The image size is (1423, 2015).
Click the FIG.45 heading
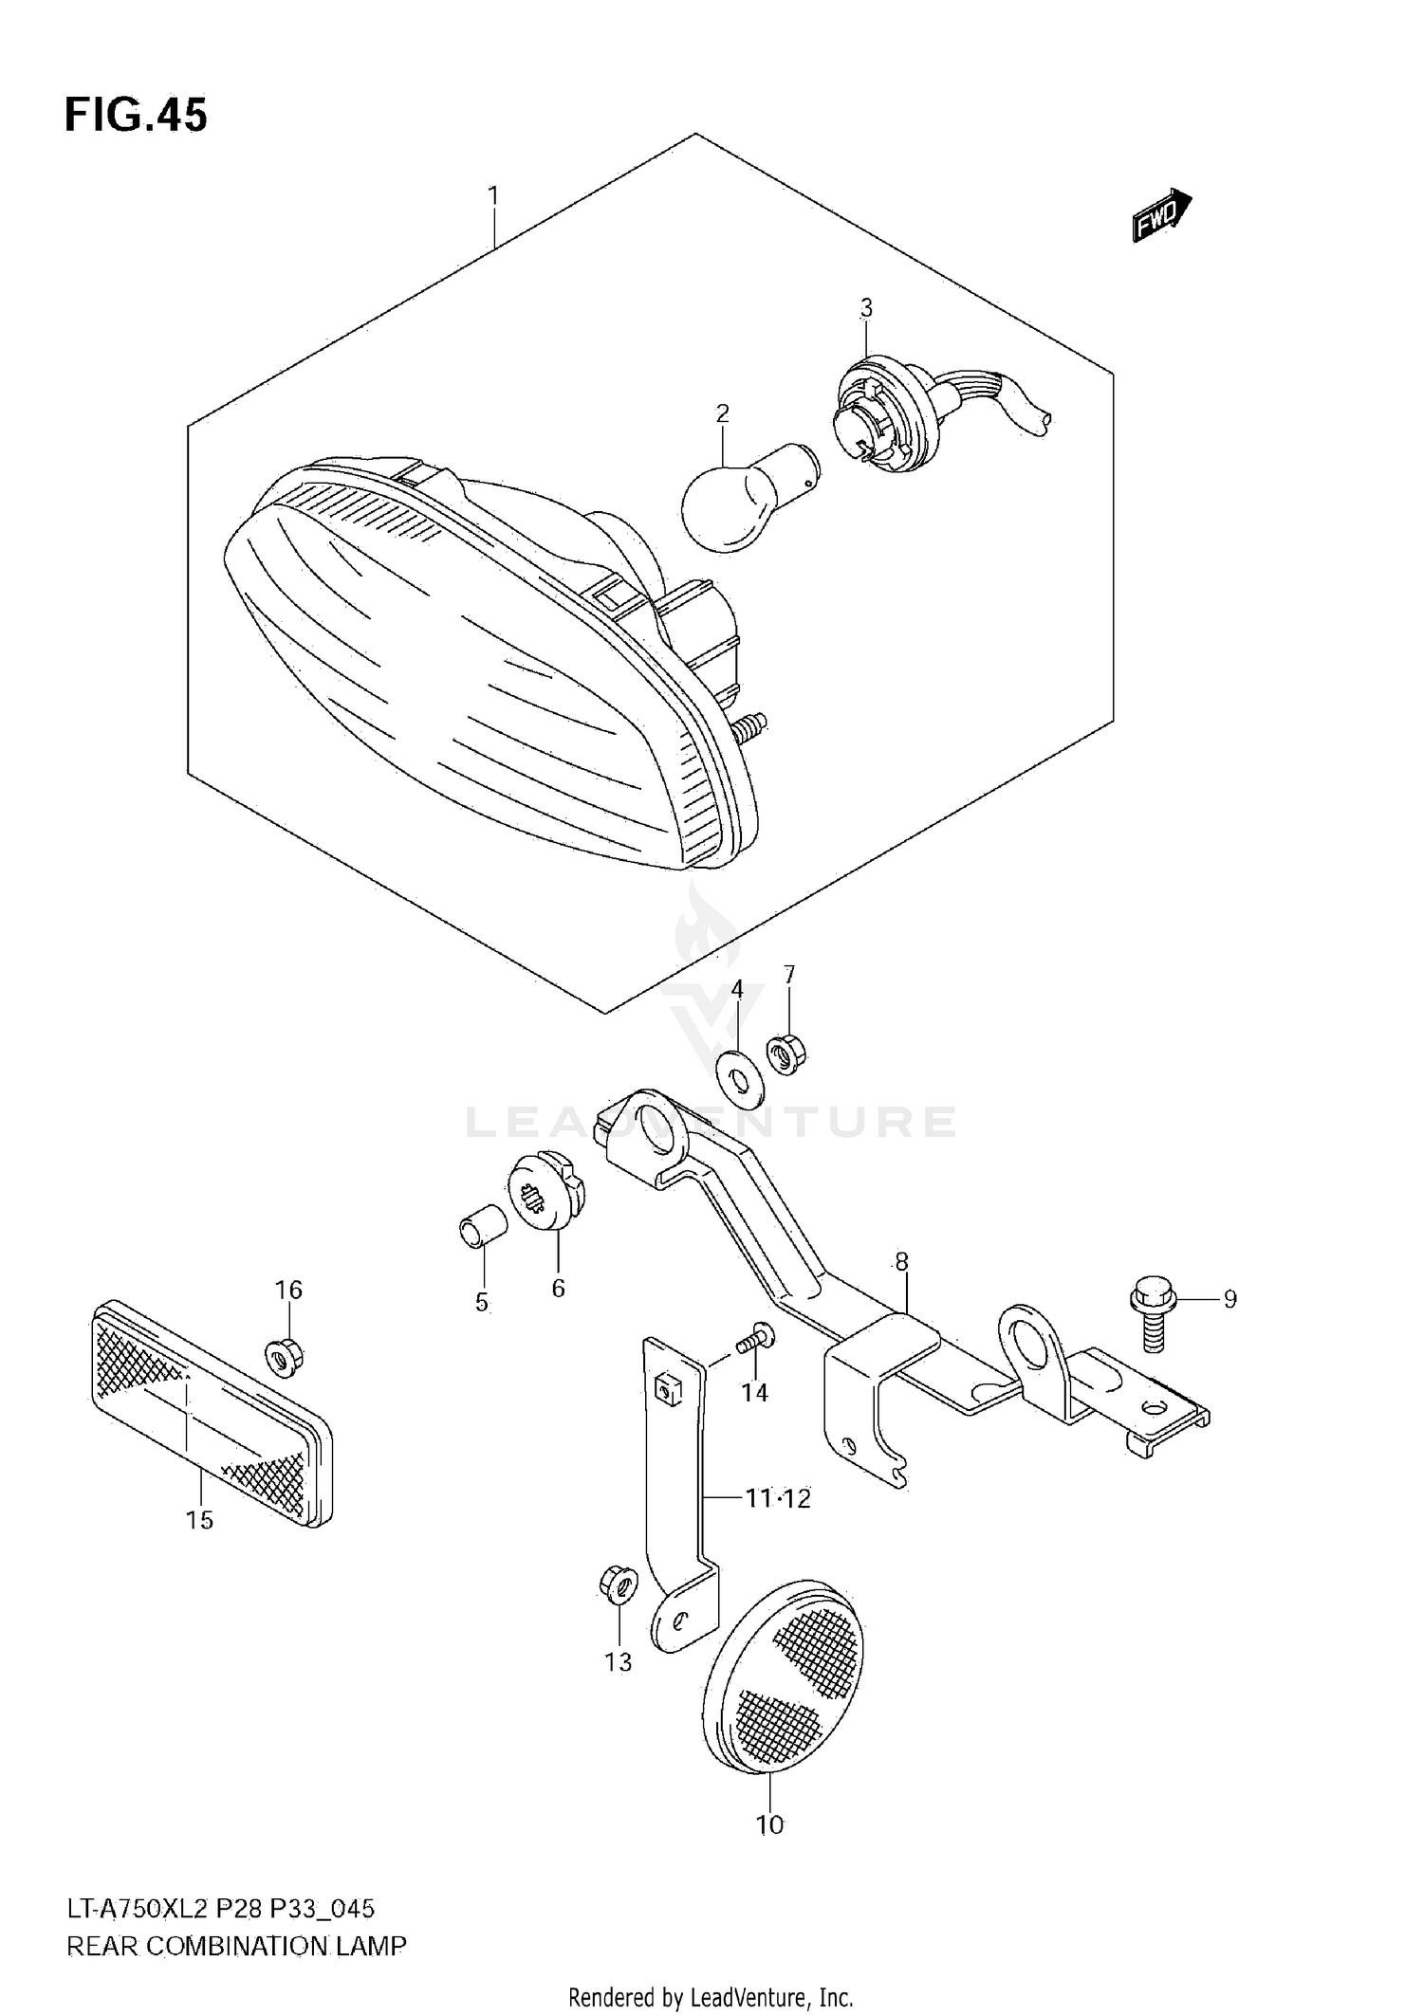[136, 116]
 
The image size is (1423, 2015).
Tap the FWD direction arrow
[1160, 215]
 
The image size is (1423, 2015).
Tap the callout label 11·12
[777, 1498]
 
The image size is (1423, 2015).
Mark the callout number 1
[493, 195]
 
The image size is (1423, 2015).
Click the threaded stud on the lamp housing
[749, 728]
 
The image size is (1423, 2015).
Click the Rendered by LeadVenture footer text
[711, 1998]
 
